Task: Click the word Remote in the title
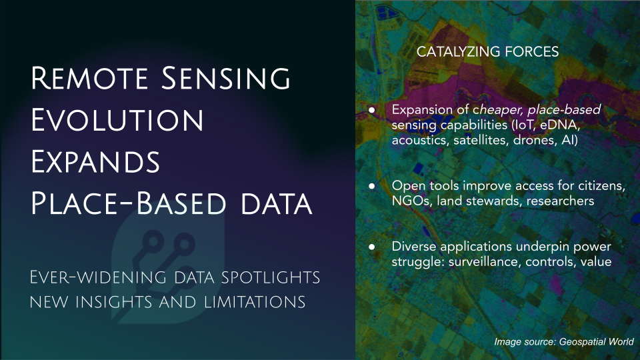point(89,78)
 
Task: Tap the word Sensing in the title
point(226,78)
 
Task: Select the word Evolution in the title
point(117,120)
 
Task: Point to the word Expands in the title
point(95,161)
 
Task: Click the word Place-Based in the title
point(128,203)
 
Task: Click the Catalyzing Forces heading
point(487,52)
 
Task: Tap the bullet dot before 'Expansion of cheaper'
point(371,110)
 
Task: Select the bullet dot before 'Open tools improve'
point(371,186)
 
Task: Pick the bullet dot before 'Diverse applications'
point(371,247)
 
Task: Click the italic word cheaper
point(498,110)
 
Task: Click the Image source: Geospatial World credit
point(564,342)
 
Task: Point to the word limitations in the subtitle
point(254,303)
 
